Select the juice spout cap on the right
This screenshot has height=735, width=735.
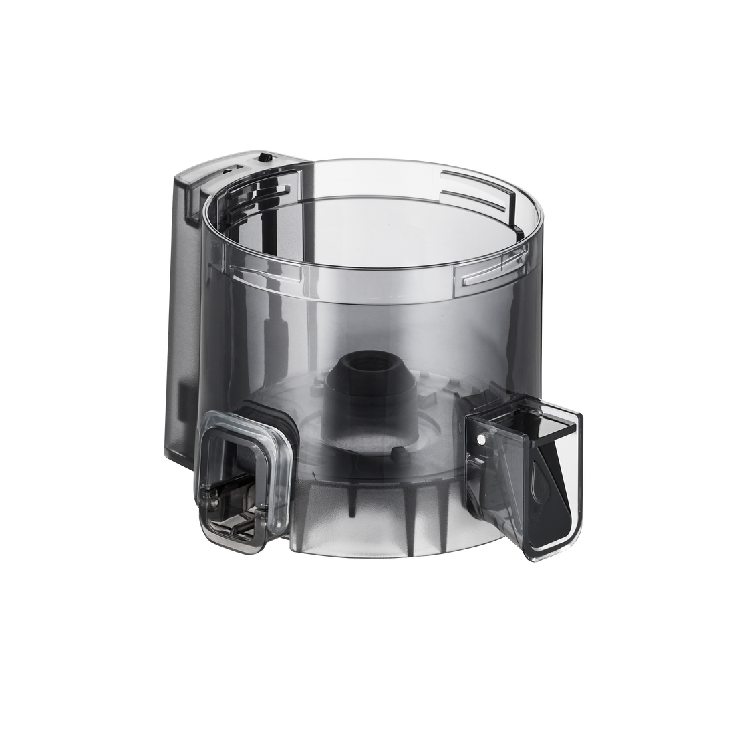pyautogui.click(x=528, y=461)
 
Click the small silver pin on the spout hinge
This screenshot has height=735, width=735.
pyautogui.click(x=481, y=438)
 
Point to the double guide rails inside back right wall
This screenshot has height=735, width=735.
pyautogui.click(x=468, y=200)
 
